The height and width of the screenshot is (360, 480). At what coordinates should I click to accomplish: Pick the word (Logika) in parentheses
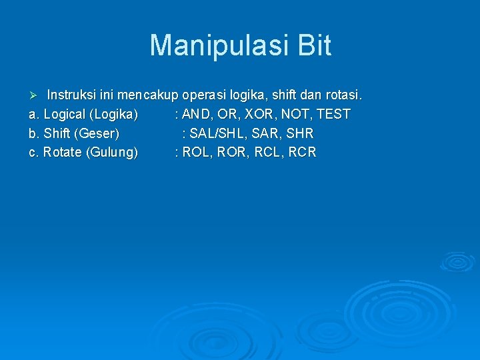[x=113, y=114]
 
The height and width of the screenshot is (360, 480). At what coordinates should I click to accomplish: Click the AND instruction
[x=198, y=114]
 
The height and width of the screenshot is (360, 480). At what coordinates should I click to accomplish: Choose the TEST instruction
[x=333, y=114]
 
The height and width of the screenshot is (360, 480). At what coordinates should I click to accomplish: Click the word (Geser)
[x=97, y=133]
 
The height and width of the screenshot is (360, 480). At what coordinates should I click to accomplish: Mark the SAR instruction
[x=267, y=133]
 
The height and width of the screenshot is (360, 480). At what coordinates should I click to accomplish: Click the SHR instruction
[x=300, y=133]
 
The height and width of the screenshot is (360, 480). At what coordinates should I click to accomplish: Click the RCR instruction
[x=303, y=153]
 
